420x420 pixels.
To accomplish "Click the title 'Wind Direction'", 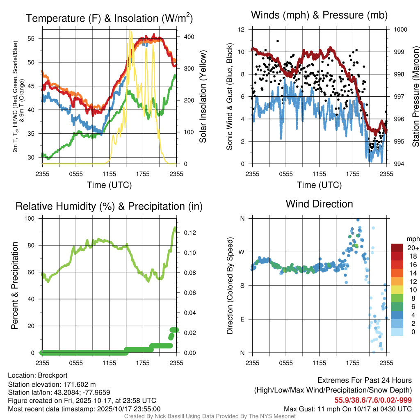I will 319,204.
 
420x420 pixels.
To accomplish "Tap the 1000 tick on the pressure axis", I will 400,30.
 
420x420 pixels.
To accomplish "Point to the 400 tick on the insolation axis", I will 183,37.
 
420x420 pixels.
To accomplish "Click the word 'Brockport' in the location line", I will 52,375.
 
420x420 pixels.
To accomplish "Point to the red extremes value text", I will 373,400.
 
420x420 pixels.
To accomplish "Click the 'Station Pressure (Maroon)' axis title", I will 415,97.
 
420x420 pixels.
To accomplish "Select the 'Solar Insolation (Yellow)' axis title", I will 203,97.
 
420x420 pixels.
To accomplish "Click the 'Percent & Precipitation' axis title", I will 14,285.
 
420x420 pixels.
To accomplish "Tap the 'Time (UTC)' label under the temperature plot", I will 109,185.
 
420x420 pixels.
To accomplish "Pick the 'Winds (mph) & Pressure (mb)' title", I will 319,15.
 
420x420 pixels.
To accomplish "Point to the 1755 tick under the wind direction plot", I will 353,363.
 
